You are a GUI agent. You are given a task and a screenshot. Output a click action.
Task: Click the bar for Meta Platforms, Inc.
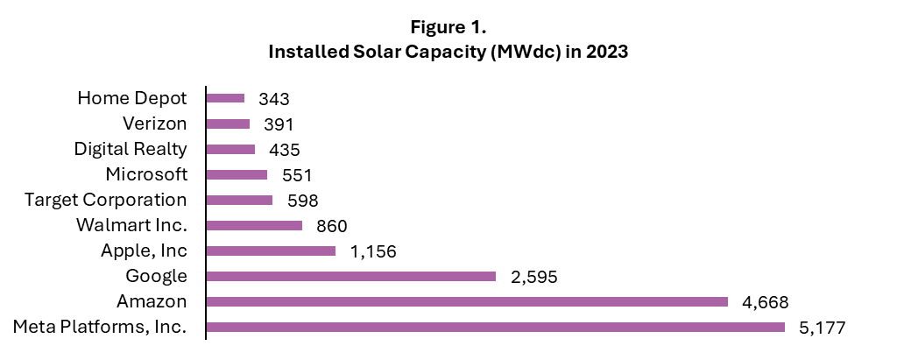pos(495,328)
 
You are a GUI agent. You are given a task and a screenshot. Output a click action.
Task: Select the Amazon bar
pos(467,302)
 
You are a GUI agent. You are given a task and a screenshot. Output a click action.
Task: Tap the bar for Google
pos(350,277)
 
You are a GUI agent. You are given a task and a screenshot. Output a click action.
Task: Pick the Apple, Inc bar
pos(271,251)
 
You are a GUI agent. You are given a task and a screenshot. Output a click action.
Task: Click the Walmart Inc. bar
pos(254,226)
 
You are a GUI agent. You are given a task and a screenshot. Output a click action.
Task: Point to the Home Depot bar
pos(225,98)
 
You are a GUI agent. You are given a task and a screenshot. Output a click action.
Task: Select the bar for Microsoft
pos(237,174)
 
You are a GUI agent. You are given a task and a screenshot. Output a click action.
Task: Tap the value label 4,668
pos(766,303)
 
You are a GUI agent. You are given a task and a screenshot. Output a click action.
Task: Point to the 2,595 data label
pos(533,278)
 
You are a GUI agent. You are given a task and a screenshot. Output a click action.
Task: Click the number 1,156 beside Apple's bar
pos(373,252)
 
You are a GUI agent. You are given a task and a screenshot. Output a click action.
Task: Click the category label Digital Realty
pos(131,149)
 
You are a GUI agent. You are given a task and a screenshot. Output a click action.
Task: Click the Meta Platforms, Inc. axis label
pos(101,328)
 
